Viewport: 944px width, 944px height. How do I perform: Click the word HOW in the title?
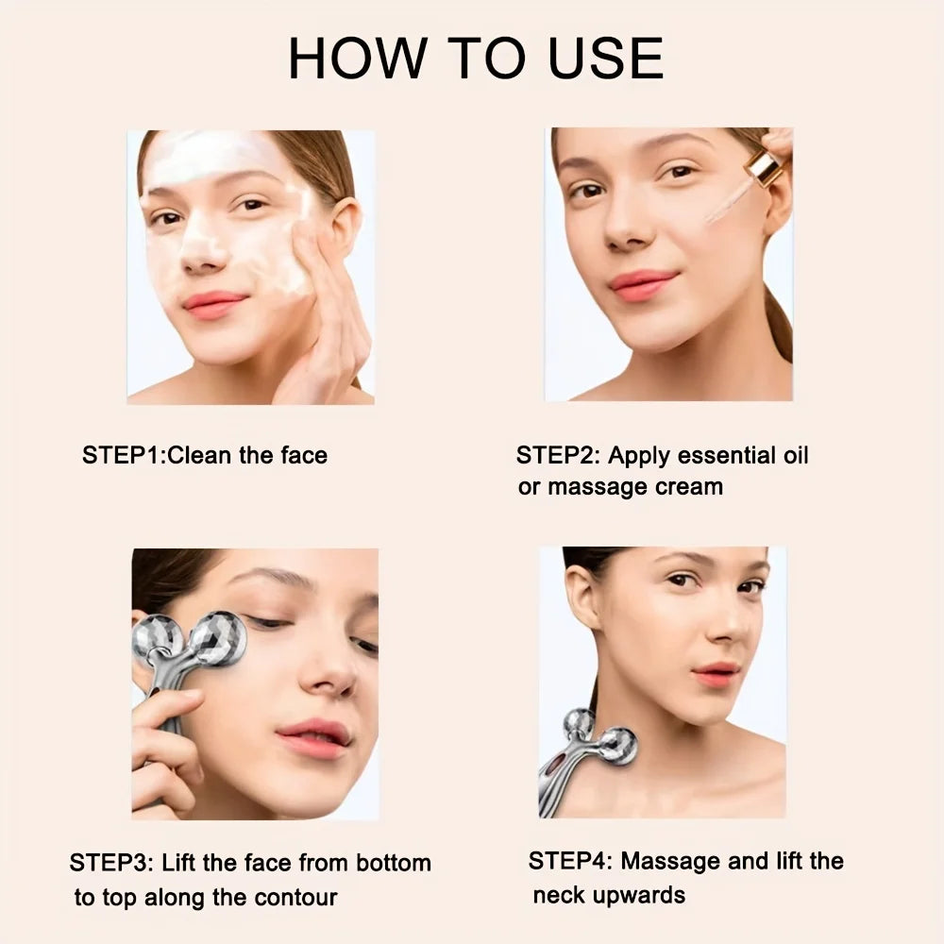click(358, 58)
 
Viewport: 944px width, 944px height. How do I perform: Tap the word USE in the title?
click(606, 58)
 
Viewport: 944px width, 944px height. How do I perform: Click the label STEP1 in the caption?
click(121, 455)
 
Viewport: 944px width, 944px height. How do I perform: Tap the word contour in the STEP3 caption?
click(295, 897)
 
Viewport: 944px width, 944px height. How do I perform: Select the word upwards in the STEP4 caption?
click(639, 895)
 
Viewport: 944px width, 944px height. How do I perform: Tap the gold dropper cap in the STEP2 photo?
click(763, 167)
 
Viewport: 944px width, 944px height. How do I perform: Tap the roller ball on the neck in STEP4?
click(617, 747)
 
